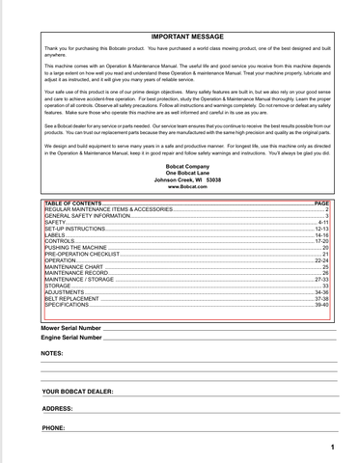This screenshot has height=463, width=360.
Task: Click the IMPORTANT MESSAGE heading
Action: (x=180, y=32)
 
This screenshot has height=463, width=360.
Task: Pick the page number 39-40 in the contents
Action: (x=321, y=305)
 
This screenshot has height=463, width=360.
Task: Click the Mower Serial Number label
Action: (x=70, y=329)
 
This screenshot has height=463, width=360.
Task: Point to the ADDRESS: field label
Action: (x=58, y=409)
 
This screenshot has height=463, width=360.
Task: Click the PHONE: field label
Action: (x=53, y=426)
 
